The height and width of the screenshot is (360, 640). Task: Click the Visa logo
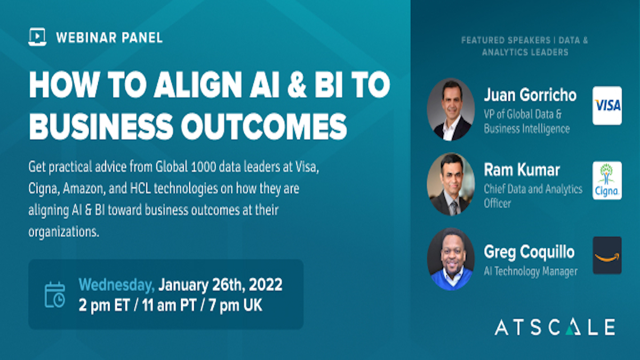(607, 106)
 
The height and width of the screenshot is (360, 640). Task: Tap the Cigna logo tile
(607, 180)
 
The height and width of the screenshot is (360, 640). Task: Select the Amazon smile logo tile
(607, 255)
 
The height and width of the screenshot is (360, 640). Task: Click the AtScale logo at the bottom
(555, 327)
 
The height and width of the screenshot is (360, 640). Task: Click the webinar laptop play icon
(37, 37)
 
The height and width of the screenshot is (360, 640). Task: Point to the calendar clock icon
(54, 294)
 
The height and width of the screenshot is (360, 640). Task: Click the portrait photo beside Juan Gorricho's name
(451, 109)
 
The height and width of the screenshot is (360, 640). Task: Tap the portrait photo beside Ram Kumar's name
(451, 184)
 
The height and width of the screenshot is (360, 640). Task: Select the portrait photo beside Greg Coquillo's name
(451, 259)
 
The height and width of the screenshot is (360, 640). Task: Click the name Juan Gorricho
(530, 95)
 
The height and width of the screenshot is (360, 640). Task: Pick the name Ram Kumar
(522, 170)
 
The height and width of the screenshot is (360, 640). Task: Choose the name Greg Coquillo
(529, 252)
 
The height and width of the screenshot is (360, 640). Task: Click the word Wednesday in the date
(117, 285)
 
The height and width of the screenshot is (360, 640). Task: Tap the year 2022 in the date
(266, 285)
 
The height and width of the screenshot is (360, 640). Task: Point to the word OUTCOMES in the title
(264, 126)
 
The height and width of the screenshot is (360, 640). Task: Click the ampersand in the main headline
(297, 85)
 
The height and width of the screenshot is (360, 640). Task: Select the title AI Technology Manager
(531, 271)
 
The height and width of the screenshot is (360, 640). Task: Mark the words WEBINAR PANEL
(109, 38)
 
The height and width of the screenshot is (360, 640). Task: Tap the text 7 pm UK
(235, 305)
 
